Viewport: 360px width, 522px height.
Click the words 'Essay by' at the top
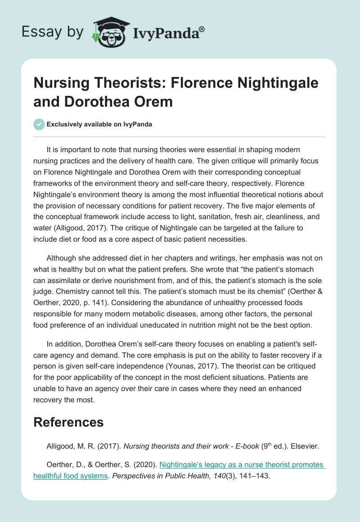click(x=52, y=32)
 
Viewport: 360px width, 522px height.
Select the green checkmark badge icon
click(x=39, y=124)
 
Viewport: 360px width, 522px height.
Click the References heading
click(x=68, y=422)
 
